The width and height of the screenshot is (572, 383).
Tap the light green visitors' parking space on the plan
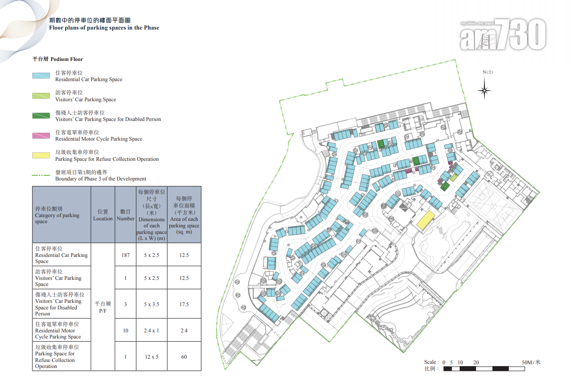[x=454, y=177]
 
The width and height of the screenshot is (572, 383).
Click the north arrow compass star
[x=484, y=90]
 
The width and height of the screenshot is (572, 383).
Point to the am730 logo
[x=503, y=34]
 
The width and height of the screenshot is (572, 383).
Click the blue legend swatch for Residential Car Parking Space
[x=41, y=75]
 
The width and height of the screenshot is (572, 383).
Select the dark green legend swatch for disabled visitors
[x=41, y=116]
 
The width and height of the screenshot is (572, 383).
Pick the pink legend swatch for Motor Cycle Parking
[x=41, y=135]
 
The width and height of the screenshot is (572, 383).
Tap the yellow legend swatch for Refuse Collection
[x=41, y=156]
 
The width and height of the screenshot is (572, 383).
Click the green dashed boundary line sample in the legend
[x=41, y=175]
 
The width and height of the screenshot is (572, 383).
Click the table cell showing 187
[x=125, y=255]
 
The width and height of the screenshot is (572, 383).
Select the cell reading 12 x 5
[x=152, y=357]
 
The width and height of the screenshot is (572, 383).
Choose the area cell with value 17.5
[x=184, y=304]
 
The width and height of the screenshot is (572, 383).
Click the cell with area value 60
[x=184, y=357]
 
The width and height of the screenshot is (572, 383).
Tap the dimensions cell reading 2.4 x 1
[x=152, y=330]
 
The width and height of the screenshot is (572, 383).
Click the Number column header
[x=125, y=215]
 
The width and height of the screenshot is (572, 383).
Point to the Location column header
[x=103, y=215]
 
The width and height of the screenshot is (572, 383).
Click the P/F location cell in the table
[x=103, y=307]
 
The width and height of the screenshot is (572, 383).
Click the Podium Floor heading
[x=58, y=59]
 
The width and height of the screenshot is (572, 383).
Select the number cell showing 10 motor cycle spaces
[x=125, y=330]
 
